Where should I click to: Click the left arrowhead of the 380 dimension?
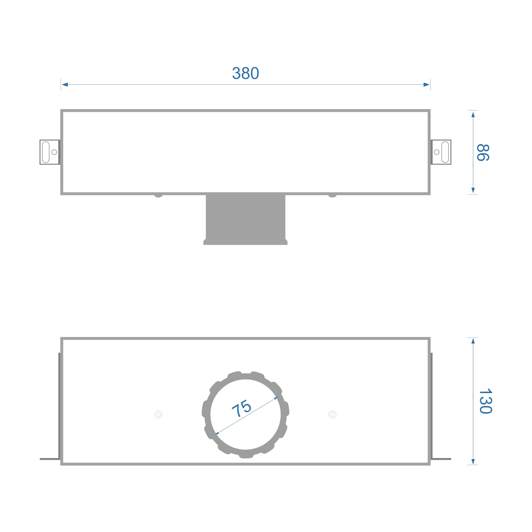coord(65,84)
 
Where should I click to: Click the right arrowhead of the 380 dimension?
coord(426,84)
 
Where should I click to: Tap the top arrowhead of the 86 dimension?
coord(473,115)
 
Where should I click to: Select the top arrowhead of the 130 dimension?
coord(473,341)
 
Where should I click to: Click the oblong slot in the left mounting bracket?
coord(46,152)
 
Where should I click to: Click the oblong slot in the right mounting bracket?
coord(445,152)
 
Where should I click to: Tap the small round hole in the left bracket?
coord(54,152)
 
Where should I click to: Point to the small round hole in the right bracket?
coord(436,152)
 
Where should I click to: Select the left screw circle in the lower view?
coord(158,414)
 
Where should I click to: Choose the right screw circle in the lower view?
coord(332,414)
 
